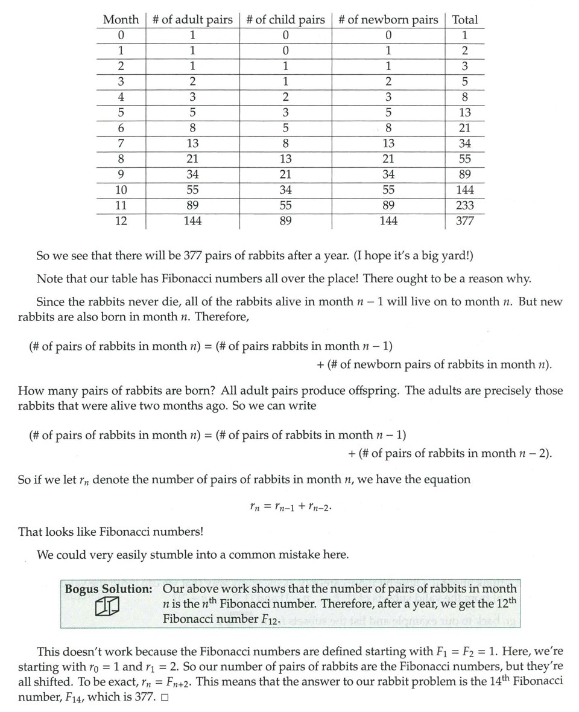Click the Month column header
click(121, 19)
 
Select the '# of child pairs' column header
click(285, 19)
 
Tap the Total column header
click(464, 19)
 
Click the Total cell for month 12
click(464, 221)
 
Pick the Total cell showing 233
click(464, 205)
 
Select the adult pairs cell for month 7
click(192, 144)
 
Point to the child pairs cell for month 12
click(285, 221)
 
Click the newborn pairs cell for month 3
click(388, 81)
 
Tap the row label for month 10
click(121, 190)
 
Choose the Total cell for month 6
click(464, 128)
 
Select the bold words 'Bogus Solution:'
click(109, 589)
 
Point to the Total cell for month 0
click(464, 35)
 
